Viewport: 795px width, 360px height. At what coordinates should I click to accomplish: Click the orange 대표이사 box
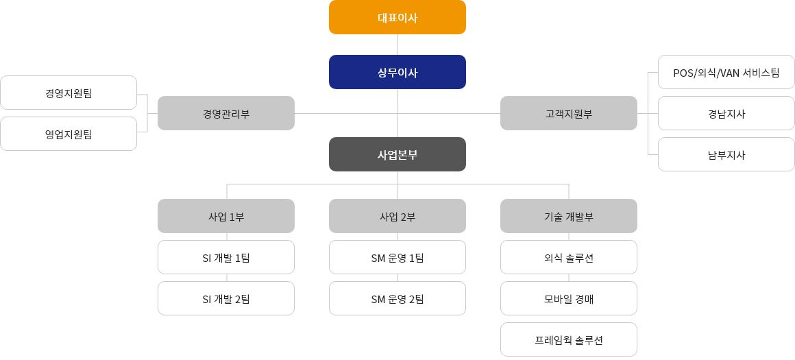(397, 17)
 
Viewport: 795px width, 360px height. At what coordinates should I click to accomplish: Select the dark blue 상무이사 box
(397, 72)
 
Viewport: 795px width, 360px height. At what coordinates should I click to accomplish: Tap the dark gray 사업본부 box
(397, 154)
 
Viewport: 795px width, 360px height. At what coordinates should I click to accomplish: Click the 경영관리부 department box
(226, 113)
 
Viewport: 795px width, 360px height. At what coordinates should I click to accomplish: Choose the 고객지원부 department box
(569, 113)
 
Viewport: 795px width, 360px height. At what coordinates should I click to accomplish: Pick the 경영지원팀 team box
(69, 93)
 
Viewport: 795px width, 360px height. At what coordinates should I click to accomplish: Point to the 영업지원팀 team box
(69, 134)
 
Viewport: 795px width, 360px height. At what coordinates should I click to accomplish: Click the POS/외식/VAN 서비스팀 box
(726, 72)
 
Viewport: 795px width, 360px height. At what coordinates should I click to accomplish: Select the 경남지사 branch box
(726, 113)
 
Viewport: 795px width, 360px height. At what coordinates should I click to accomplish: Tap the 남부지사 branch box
(726, 154)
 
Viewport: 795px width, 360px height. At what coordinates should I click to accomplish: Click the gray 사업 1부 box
(226, 216)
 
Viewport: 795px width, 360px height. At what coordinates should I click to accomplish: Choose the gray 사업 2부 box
(397, 216)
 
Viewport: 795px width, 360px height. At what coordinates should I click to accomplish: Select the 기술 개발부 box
(569, 216)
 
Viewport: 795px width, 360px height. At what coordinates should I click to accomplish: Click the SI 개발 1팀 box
(226, 257)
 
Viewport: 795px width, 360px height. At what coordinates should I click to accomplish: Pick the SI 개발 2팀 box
(226, 298)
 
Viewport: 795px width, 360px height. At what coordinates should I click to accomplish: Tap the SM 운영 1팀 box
(397, 257)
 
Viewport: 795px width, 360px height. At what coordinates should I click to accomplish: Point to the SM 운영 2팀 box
(397, 298)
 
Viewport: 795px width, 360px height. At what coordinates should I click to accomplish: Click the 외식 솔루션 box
(569, 257)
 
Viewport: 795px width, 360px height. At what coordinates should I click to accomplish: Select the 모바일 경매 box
(569, 298)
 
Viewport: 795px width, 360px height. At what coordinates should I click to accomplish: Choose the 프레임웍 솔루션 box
(569, 339)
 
